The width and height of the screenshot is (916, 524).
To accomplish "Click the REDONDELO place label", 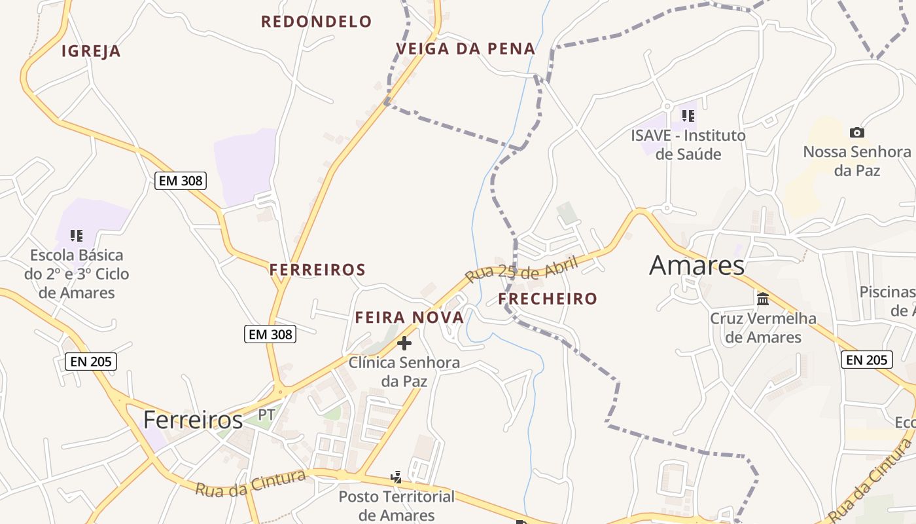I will (316, 22).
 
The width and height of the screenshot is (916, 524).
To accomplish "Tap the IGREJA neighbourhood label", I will (91, 51).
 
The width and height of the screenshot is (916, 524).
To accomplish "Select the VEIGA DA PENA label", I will (466, 48).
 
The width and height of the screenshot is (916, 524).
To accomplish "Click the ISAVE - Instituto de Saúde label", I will (688, 145).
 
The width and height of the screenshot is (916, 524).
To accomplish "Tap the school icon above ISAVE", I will (688, 116).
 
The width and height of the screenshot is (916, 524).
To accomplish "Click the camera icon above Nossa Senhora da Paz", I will (856, 132).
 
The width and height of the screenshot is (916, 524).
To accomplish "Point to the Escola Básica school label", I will (77, 274).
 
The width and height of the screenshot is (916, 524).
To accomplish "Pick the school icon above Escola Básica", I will (77, 235).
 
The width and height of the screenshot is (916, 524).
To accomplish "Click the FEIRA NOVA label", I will (409, 318).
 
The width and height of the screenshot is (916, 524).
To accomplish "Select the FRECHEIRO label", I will (548, 299).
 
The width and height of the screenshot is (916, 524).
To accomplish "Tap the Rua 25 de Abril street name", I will (521, 269).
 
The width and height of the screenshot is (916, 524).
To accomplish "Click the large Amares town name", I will (697, 265).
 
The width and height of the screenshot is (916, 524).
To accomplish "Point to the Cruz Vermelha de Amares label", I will (763, 327).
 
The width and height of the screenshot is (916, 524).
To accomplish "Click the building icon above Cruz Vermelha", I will (763, 299).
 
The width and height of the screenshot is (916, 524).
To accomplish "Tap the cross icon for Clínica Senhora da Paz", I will (404, 343).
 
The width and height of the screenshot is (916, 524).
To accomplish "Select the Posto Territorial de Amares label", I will (396, 506).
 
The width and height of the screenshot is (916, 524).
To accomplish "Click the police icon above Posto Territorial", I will (396, 477).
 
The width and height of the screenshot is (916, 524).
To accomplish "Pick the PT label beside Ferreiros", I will (266, 415).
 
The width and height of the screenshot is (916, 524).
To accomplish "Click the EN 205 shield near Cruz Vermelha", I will (866, 360).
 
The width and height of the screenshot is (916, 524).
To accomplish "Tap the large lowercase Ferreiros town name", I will (193, 420).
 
